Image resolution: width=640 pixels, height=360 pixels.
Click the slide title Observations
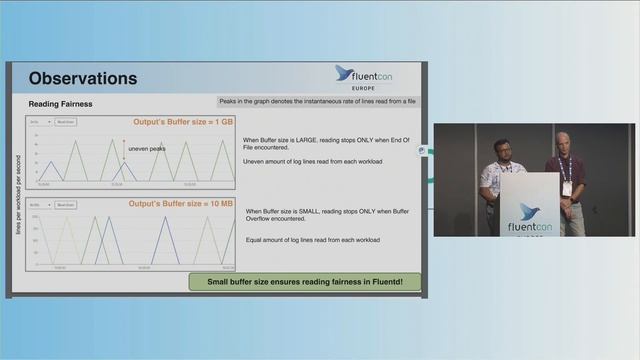pyautogui.click(x=83, y=78)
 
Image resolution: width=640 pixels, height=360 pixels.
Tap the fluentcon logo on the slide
pyautogui.click(x=363, y=74)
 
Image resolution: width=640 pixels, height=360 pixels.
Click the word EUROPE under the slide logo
pyautogui.click(x=363, y=88)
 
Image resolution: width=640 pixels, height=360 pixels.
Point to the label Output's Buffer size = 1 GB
pyautogui.click(x=184, y=122)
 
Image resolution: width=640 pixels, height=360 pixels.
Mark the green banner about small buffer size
pyautogui.click(x=304, y=282)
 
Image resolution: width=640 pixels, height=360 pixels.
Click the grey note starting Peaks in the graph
pyautogui.click(x=318, y=102)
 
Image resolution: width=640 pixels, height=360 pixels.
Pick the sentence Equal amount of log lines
pyautogui.click(x=313, y=240)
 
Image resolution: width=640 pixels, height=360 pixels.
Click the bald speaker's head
pyautogui.click(x=564, y=141)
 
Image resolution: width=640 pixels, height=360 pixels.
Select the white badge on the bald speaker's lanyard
pyautogui.click(x=567, y=187)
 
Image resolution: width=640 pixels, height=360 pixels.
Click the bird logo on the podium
pyautogui.click(x=529, y=210)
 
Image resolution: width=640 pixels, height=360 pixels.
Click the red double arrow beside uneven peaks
pyautogui.click(x=124, y=149)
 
